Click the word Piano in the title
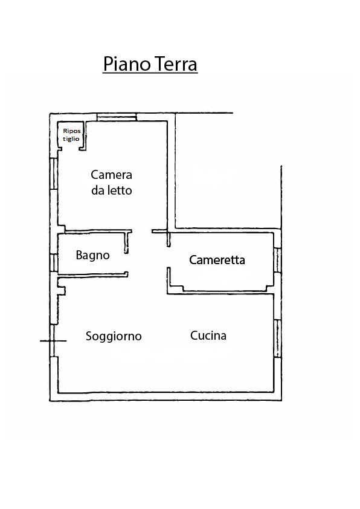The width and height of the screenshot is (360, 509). [x=125, y=63]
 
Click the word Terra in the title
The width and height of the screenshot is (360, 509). [x=174, y=63]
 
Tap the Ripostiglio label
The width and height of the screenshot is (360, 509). [x=72, y=135]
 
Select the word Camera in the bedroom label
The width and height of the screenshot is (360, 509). [x=111, y=175]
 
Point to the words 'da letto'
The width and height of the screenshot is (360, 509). [x=112, y=190]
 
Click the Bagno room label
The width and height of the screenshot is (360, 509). [x=93, y=255]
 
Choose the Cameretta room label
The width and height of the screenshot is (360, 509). [x=217, y=260]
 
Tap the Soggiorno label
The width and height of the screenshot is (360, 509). [x=114, y=336]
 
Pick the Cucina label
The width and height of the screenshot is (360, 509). [x=208, y=336]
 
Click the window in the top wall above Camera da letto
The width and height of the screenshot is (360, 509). [x=117, y=117]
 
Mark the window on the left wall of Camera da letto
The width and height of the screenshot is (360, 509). [x=54, y=174]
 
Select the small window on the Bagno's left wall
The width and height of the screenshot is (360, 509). [x=54, y=263]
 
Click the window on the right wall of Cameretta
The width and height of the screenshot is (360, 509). [x=277, y=261]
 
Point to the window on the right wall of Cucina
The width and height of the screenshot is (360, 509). [x=277, y=339]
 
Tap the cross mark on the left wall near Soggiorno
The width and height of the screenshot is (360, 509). [x=53, y=341]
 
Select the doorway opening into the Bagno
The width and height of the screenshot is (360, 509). [x=127, y=262]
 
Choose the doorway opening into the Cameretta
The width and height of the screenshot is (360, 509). [x=169, y=257]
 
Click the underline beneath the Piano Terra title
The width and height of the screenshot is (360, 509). [x=150, y=73]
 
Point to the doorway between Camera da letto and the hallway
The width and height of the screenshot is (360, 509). [x=142, y=232]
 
